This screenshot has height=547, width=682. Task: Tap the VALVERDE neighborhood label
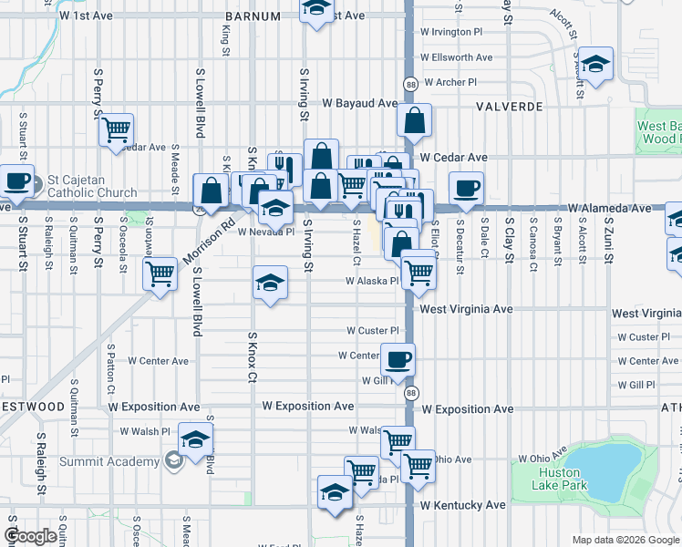tap(510, 107)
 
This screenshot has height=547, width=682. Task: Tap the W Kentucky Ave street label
tap(462, 504)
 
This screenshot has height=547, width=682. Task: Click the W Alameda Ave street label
tap(611, 208)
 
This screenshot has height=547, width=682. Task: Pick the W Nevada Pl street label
tap(267, 232)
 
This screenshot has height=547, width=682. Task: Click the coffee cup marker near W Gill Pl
tap(397, 358)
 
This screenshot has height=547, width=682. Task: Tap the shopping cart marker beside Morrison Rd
tap(160, 272)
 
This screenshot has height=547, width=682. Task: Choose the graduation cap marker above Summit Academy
tap(194, 439)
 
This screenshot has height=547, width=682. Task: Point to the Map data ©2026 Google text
tap(625, 540)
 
